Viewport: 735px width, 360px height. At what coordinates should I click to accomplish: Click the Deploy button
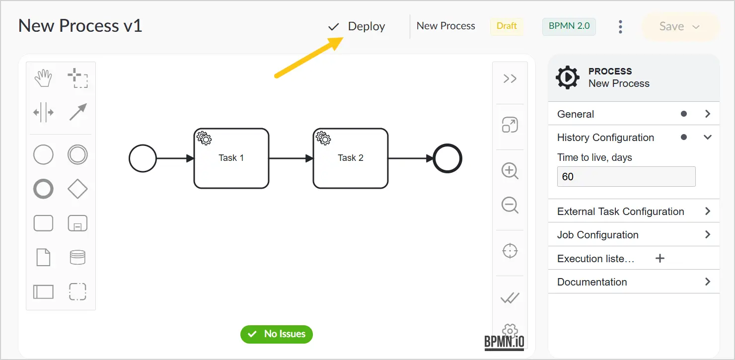(357, 26)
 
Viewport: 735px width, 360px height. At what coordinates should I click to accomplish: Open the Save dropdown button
(680, 26)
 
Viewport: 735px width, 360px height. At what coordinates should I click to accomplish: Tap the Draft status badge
(507, 26)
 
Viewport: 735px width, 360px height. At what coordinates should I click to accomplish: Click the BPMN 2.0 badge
(569, 26)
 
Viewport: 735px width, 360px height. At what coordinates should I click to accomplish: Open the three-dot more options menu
(620, 27)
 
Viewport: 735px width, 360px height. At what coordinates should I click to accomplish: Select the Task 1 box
(231, 158)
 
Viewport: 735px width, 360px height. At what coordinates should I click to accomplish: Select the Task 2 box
(351, 158)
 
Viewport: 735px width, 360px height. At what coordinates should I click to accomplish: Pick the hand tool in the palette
(43, 78)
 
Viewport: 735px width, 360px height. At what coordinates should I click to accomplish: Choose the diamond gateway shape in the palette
(77, 189)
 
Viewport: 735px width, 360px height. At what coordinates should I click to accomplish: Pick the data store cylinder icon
(77, 257)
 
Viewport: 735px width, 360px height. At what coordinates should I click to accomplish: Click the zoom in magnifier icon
(510, 171)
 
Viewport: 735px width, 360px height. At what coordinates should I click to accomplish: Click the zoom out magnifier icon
(510, 206)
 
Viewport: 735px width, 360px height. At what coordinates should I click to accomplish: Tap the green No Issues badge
(277, 334)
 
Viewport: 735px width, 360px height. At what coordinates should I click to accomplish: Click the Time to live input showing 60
(626, 177)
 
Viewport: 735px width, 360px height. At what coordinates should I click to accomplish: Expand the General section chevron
(708, 114)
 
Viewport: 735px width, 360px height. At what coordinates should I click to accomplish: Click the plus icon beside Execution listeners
(660, 259)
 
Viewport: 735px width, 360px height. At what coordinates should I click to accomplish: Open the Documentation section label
(592, 282)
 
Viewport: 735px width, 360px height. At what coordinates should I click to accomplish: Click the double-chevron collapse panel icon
(510, 79)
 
